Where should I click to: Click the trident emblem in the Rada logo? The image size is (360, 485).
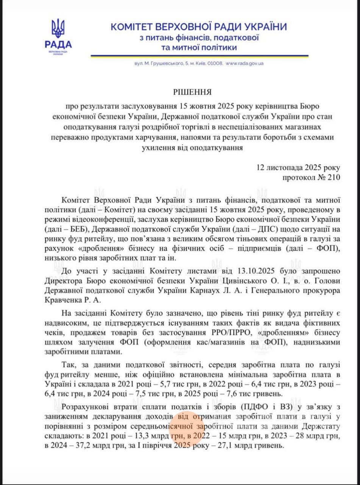(58, 29)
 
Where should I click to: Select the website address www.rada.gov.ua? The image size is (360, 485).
(245, 63)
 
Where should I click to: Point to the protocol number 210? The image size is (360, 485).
(333, 177)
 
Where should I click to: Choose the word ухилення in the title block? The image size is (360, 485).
(155, 146)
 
